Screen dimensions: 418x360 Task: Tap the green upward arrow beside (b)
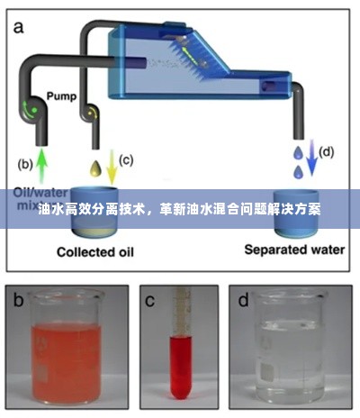(42, 164)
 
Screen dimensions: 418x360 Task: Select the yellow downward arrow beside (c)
(112, 166)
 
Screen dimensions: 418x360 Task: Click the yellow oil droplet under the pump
(95, 167)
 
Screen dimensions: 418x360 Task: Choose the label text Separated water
(293, 250)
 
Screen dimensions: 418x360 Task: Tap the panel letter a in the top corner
(18, 28)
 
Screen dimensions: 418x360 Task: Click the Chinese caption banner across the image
(180, 207)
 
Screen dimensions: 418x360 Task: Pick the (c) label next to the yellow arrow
(126, 160)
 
